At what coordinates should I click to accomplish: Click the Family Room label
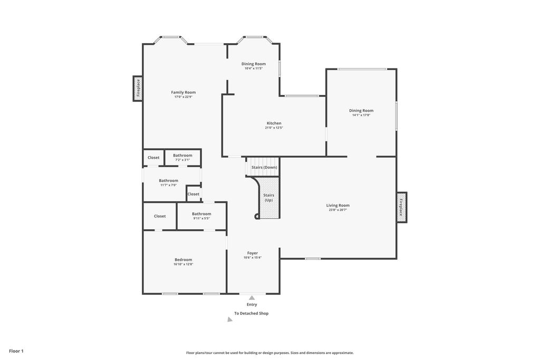click(183, 92)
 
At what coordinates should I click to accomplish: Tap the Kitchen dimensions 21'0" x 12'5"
click(274, 128)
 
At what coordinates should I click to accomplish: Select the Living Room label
click(337, 205)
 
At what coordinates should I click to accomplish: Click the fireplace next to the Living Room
click(401, 207)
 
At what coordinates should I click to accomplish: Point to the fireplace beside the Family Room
click(138, 89)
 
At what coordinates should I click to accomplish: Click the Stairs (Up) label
click(268, 198)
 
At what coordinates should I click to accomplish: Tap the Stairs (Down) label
click(264, 167)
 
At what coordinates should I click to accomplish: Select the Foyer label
click(252, 253)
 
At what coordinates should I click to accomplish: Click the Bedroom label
click(183, 259)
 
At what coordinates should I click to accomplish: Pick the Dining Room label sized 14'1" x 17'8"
click(361, 111)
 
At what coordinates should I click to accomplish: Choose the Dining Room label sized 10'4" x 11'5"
click(253, 64)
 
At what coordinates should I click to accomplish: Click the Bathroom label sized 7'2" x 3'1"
click(182, 155)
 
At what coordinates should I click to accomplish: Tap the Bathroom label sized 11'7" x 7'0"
click(168, 181)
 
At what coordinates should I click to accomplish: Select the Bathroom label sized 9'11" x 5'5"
click(201, 214)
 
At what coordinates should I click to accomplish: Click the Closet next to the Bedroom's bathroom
click(160, 216)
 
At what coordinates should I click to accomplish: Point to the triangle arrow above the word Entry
click(252, 298)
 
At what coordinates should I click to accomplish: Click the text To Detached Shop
click(251, 313)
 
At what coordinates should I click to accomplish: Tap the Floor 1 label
click(16, 351)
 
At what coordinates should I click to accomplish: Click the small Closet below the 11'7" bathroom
click(194, 194)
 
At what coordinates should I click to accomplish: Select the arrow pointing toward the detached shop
click(229, 319)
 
